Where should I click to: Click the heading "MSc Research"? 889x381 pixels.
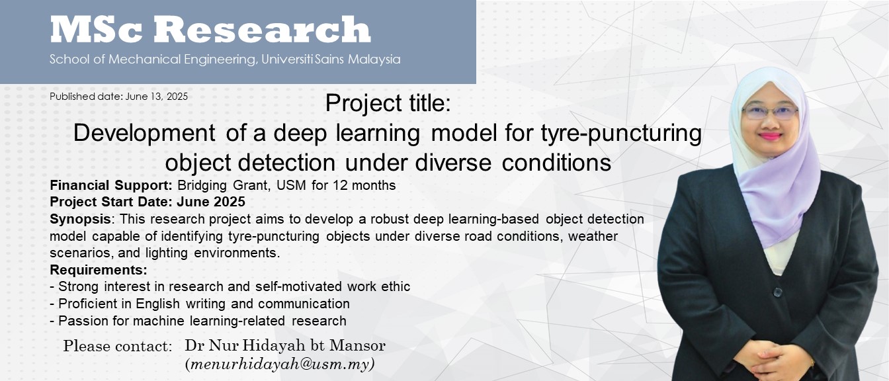[x=210, y=29]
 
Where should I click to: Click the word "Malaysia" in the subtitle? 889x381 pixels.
[x=374, y=60]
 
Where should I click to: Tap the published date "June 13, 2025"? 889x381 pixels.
[x=156, y=97]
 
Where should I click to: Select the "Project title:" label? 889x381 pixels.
[x=388, y=103]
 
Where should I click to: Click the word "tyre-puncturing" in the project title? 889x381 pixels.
[x=621, y=134]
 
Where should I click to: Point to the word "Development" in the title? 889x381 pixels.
[x=144, y=134]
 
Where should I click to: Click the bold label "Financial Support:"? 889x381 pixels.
[x=111, y=185]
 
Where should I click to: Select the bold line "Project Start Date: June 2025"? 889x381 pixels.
[x=148, y=202]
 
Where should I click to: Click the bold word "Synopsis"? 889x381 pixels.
[x=80, y=219]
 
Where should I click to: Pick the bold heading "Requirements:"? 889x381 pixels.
[x=99, y=270]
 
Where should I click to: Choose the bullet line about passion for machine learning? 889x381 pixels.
[x=198, y=321]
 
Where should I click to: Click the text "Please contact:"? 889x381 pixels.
[x=118, y=346]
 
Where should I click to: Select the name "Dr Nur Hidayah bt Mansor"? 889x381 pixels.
[x=285, y=345]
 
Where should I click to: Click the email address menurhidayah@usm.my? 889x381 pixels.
[x=280, y=364]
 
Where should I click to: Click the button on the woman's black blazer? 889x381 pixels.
[x=777, y=292]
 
